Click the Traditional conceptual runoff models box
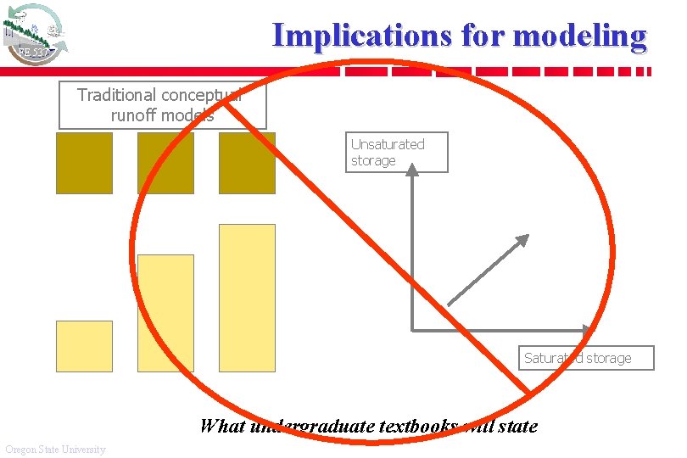coord(162,105)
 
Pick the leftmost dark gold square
coord(84,163)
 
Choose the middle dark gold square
coord(165,163)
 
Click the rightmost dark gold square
coord(247,163)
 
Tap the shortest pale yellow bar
coord(84,346)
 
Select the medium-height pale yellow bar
coord(165,313)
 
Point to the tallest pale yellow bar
coord(247,298)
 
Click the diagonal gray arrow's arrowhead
coord(521,242)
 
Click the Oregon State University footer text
coord(55,449)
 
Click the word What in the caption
coord(222,426)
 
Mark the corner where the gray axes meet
coord(412,328)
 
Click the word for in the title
coord(483,36)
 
